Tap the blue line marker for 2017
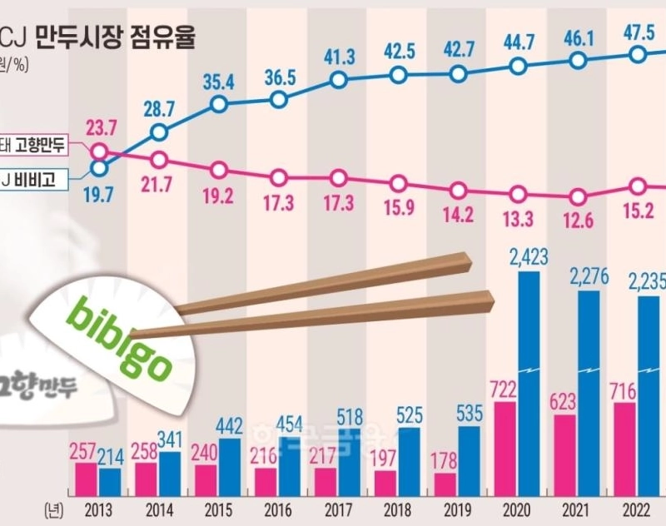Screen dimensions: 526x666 click(339, 80)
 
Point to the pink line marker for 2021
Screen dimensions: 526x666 click(577, 197)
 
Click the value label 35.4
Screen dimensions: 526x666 click(218, 81)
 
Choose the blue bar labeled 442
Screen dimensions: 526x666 click(230, 466)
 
